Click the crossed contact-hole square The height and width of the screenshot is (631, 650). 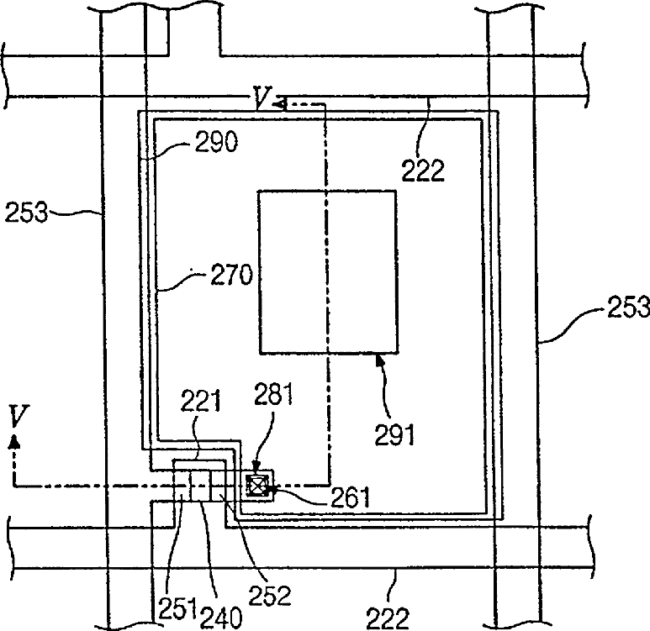tap(255, 485)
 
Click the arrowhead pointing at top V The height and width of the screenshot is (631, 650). tap(282, 103)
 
